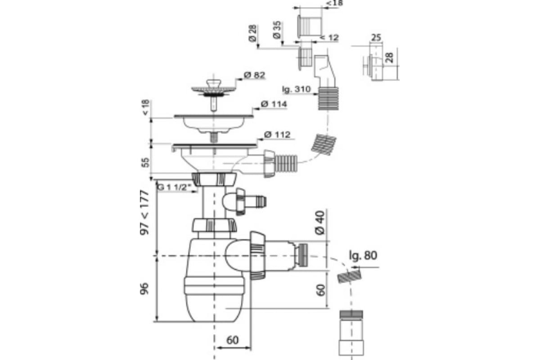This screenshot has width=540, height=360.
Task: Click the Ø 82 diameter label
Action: point(254,75)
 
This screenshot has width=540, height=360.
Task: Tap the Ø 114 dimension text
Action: point(274,104)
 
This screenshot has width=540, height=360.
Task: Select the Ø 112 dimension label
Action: point(277,135)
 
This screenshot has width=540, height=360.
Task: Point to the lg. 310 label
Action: point(296,89)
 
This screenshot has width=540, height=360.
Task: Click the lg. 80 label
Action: point(363,256)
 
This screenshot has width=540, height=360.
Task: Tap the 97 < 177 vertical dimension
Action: point(144,212)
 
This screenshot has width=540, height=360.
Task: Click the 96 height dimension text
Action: point(144,288)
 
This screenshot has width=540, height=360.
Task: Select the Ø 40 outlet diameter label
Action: point(320,223)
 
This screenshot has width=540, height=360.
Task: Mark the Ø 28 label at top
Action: point(253,33)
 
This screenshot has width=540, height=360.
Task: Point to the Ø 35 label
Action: point(277,30)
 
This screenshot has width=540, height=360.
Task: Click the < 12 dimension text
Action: point(329,38)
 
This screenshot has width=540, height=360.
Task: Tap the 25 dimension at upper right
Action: point(376,38)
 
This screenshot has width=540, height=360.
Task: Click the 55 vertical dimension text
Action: point(145,162)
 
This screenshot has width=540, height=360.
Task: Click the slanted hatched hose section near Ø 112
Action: point(324,145)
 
